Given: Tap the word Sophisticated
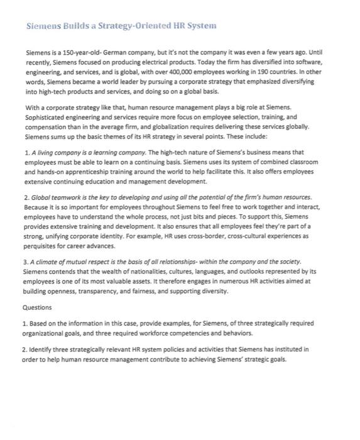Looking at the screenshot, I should [x=45, y=118].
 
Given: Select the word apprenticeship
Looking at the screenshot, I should [x=102, y=173].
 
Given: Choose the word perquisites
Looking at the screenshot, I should [x=45, y=247].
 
